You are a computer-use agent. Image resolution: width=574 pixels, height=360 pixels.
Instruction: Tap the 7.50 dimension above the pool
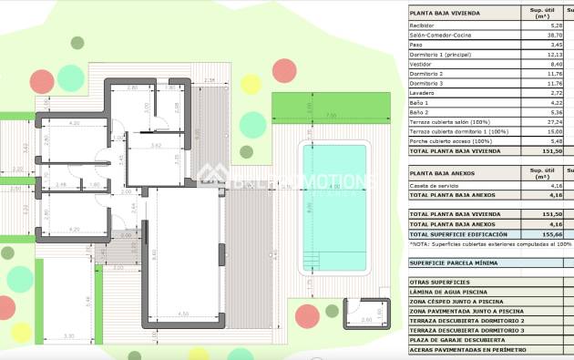tap(331, 115)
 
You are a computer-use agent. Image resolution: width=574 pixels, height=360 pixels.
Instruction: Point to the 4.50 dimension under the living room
tap(181, 314)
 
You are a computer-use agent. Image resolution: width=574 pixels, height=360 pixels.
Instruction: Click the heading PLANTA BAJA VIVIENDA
tap(446, 13)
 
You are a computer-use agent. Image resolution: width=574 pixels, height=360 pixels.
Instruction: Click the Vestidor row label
tap(424, 65)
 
